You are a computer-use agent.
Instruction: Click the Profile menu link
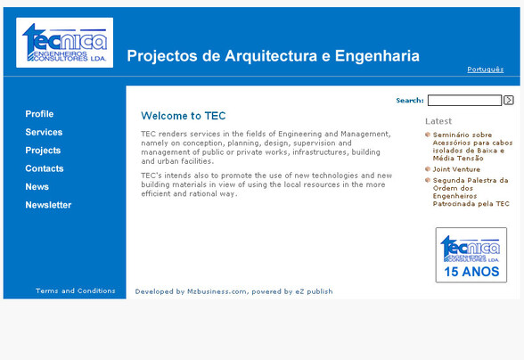coord(39,114)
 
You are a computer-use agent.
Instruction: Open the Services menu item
coord(44,132)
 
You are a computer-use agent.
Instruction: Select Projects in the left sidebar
coord(43,151)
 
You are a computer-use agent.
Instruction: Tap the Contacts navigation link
coord(45,168)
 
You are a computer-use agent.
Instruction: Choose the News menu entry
coord(37,187)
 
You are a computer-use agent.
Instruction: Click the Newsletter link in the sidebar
coord(48,205)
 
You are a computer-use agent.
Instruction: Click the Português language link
coord(485,70)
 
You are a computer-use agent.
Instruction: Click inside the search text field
coord(464,101)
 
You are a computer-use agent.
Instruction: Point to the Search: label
coord(410,101)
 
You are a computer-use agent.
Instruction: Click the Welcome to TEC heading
coord(184,116)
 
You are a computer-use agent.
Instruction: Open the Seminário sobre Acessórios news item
coord(472,143)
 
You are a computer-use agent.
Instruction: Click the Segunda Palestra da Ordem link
coord(471,192)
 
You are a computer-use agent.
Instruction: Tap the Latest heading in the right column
coord(438,121)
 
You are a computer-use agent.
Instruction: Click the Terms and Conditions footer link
coord(76,290)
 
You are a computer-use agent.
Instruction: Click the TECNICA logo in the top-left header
coord(64,42)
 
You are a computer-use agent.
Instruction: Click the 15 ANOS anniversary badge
coord(471,255)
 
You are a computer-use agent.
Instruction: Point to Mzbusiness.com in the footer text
coord(217,291)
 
